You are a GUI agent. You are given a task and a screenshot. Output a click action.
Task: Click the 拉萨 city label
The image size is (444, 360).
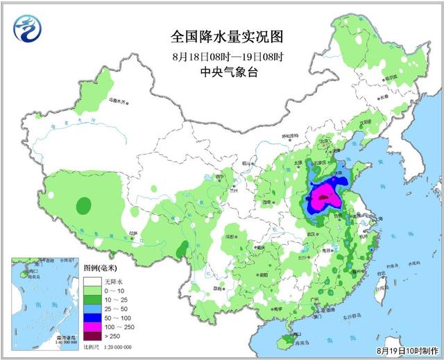click(x=134, y=233)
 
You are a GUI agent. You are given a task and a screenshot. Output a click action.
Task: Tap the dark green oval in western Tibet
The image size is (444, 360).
click(x=83, y=206)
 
